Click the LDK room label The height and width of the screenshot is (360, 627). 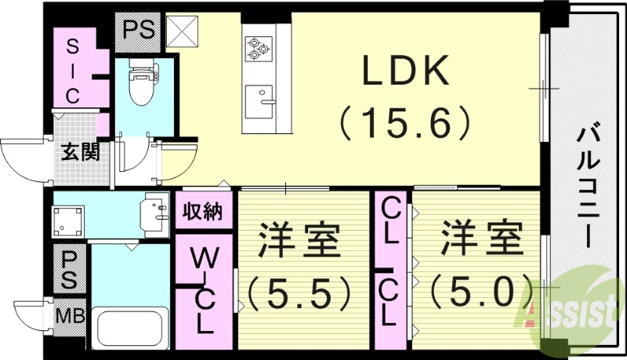[404, 73]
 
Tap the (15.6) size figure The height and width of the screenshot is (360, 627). [404, 122]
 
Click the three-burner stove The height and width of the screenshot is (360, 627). [257, 49]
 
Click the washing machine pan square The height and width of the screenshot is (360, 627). [68, 221]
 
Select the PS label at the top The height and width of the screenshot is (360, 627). [138, 31]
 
